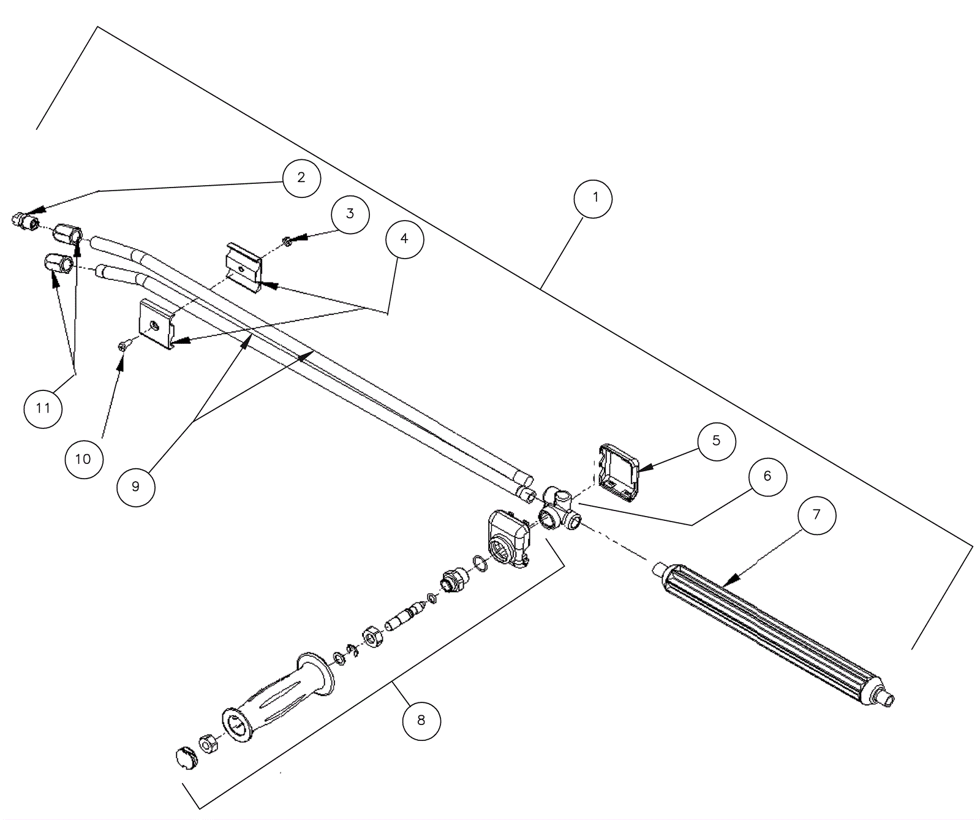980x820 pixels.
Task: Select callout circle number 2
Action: point(301,178)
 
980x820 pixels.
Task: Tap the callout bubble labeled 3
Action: point(350,214)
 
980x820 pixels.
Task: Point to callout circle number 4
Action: point(404,238)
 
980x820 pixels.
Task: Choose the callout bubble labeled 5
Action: point(716,441)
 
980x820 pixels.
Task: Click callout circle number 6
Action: point(767,476)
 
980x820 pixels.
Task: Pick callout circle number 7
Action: point(816,515)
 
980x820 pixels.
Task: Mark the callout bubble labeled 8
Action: point(421,720)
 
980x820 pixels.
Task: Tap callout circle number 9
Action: point(135,487)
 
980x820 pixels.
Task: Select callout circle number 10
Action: point(83,459)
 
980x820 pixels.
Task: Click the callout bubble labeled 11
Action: point(43,408)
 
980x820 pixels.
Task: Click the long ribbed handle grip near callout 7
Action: point(772,631)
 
